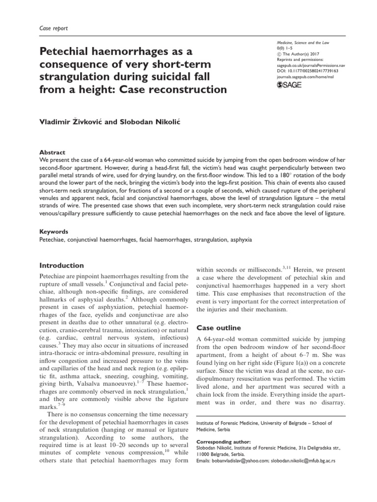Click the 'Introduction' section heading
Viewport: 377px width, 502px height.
[x=61, y=265]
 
